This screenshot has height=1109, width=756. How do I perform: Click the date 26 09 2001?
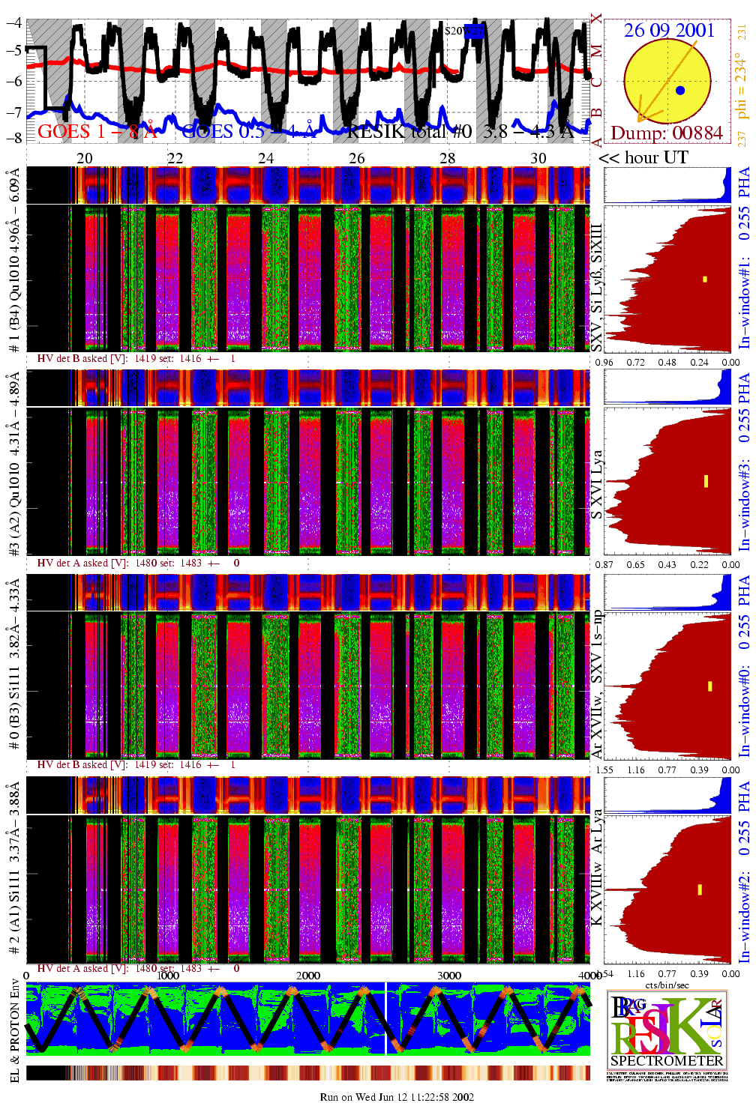(x=669, y=30)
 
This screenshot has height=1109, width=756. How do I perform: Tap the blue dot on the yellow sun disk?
(x=679, y=91)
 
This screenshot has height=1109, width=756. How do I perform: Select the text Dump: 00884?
(x=667, y=133)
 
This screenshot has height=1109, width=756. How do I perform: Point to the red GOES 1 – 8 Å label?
(x=97, y=132)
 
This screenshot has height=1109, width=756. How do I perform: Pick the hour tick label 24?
(x=266, y=158)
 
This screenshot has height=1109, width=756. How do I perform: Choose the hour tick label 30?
(x=538, y=158)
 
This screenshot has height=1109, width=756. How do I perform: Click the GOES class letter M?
(x=596, y=51)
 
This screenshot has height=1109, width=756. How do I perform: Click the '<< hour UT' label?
(x=643, y=158)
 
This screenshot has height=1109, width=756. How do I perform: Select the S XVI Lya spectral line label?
(x=597, y=484)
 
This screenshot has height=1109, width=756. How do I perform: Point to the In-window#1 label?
(x=744, y=300)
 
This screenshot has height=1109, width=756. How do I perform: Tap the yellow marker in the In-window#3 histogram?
(x=706, y=481)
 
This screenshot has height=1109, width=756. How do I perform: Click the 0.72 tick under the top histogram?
(x=636, y=363)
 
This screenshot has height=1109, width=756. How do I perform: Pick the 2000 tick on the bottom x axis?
(x=308, y=976)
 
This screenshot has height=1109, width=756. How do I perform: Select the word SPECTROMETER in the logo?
(x=667, y=1061)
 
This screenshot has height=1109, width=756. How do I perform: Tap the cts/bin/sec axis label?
(x=667, y=985)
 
